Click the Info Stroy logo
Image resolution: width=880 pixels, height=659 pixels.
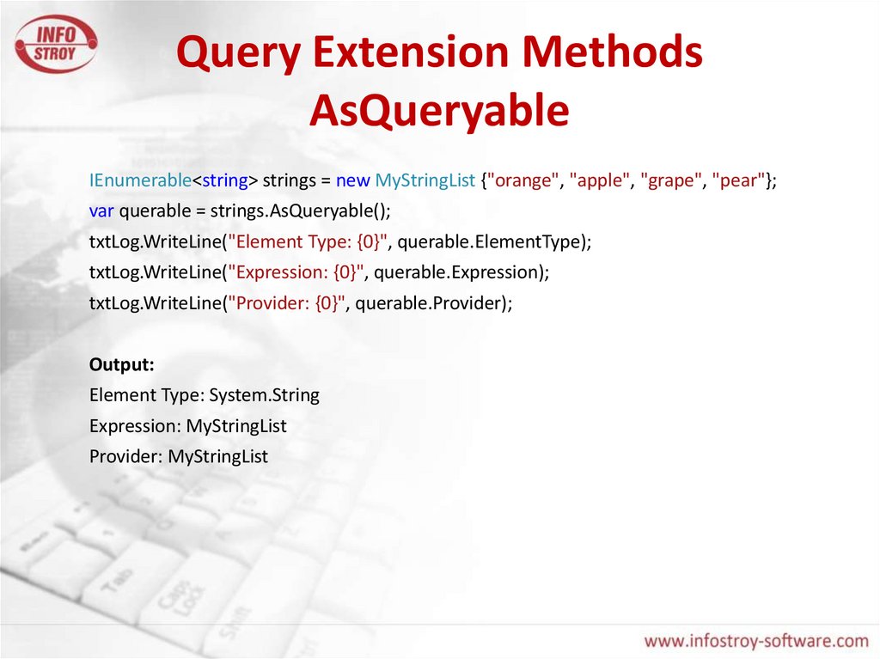(56, 44)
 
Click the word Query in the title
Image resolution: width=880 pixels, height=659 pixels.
(239, 52)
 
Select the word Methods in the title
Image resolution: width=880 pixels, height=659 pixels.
(612, 51)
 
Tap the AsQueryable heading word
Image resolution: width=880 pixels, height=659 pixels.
(439, 111)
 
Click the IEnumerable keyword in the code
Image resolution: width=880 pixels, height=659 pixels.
(140, 180)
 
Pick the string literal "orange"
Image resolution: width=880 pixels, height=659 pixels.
(522, 180)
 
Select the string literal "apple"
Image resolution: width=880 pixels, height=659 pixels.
(599, 180)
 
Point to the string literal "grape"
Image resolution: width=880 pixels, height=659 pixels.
(670, 180)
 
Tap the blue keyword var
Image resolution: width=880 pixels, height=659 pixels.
(101, 211)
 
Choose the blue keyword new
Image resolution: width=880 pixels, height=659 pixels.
(352, 180)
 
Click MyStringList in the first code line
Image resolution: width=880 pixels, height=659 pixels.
(425, 180)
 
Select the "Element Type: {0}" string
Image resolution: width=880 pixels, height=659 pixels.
(308, 242)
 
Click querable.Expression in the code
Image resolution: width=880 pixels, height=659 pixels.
(457, 272)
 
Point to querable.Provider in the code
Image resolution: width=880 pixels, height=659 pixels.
(429, 303)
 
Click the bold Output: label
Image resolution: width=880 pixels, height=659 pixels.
(122, 365)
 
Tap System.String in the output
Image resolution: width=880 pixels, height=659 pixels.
(265, 395)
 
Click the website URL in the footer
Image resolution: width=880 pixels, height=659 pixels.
(756, 640)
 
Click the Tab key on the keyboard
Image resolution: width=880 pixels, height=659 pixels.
(117, 581)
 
